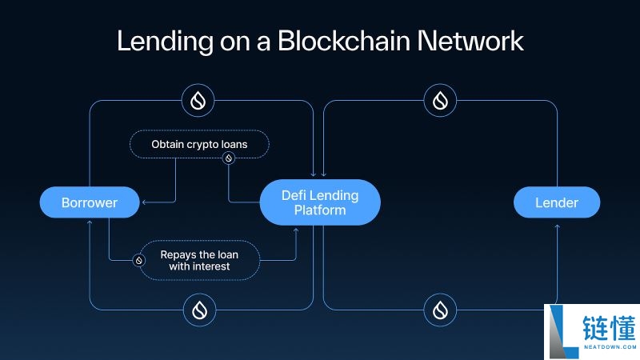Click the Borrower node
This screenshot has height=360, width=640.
point(90,202)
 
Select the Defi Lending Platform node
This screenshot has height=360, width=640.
point(320,202)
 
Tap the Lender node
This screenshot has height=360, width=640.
point(557,202)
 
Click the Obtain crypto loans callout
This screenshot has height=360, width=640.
point(199,144)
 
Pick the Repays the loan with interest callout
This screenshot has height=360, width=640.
point(199,261)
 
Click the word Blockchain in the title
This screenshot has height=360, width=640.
point(344,41)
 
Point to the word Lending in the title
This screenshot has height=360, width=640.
point(165,42)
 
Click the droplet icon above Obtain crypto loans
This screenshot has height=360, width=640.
point(198,101)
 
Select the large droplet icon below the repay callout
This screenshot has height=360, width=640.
point(199,310)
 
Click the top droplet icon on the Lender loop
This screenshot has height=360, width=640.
point(440,101)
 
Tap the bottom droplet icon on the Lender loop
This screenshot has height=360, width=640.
point(440,310)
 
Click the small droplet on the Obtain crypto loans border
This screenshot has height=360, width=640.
point(229,158)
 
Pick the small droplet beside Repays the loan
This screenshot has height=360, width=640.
point(138,261)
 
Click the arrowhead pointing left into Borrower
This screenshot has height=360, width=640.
point(144,202)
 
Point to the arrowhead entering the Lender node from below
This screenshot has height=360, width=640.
point(557,226)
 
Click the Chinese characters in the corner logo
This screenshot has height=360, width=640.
point(609,328)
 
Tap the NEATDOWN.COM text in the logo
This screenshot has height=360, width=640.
point(610,347)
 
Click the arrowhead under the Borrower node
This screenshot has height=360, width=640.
point(90,222)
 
